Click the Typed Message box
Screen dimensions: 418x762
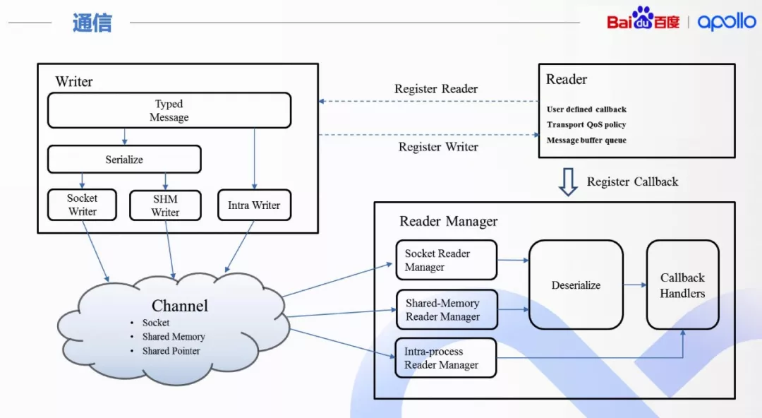point(169,111)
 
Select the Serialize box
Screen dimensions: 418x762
point(124,160)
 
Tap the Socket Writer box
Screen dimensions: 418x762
point(82,205)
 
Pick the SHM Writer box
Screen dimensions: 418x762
point(165,205)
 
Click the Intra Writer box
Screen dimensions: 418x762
point(254,205)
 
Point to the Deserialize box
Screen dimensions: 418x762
point(576,285)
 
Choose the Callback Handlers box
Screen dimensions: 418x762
point(682,285)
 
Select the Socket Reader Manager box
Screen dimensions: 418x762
point(446,260)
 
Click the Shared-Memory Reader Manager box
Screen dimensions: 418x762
point(446,309)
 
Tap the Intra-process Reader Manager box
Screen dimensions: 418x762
point(445,358)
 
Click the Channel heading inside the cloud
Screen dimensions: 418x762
point(180,306)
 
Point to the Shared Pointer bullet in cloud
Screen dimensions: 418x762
point(171,351)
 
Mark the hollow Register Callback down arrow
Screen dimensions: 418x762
point(567,181)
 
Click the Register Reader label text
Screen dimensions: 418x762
point(436,89)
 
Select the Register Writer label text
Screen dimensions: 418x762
point(438,147)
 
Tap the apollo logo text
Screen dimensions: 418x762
point(726,22)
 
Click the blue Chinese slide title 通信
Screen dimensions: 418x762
point(92,23)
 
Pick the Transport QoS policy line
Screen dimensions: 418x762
point(586,125)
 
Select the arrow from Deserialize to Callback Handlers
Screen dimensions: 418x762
point(634,285)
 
